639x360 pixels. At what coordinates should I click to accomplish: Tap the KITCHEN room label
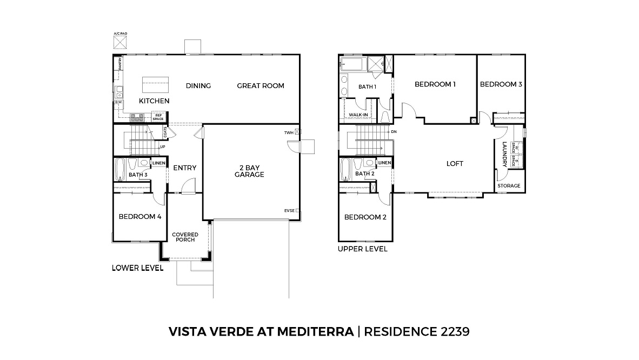pyautogui.click(x=154, y=101)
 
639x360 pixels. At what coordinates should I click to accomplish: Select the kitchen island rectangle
pyautogui.click(x=155, y=85)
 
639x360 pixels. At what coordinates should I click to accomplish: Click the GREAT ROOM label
pyautogui.click(x=260, y=86)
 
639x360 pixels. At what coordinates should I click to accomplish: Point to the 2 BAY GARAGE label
pyautogui.click(x=249, y=171)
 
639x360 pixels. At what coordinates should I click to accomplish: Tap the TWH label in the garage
pyautogui.click(x=290, y=132)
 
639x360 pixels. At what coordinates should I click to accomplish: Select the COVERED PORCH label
pyautogui.click(x=185, y=237)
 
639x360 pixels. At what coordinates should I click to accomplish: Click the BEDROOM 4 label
pyautogui.click(x=140, y=217)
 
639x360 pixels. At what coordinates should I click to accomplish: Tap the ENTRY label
pyautogui.click(x=184, y=168)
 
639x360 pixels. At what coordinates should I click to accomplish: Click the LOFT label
pyautogui.click(x=455, y=164)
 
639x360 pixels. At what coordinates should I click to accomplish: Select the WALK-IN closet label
pyautogui.click(x=358, y=115)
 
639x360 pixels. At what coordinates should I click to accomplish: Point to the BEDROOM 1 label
pyautogui.click(x=435, y=84)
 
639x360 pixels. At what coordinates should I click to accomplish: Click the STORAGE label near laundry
pyautogui.click(x=509, y=186)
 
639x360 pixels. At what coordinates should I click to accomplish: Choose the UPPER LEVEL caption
pyautogui.click(x=362, y=249)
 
